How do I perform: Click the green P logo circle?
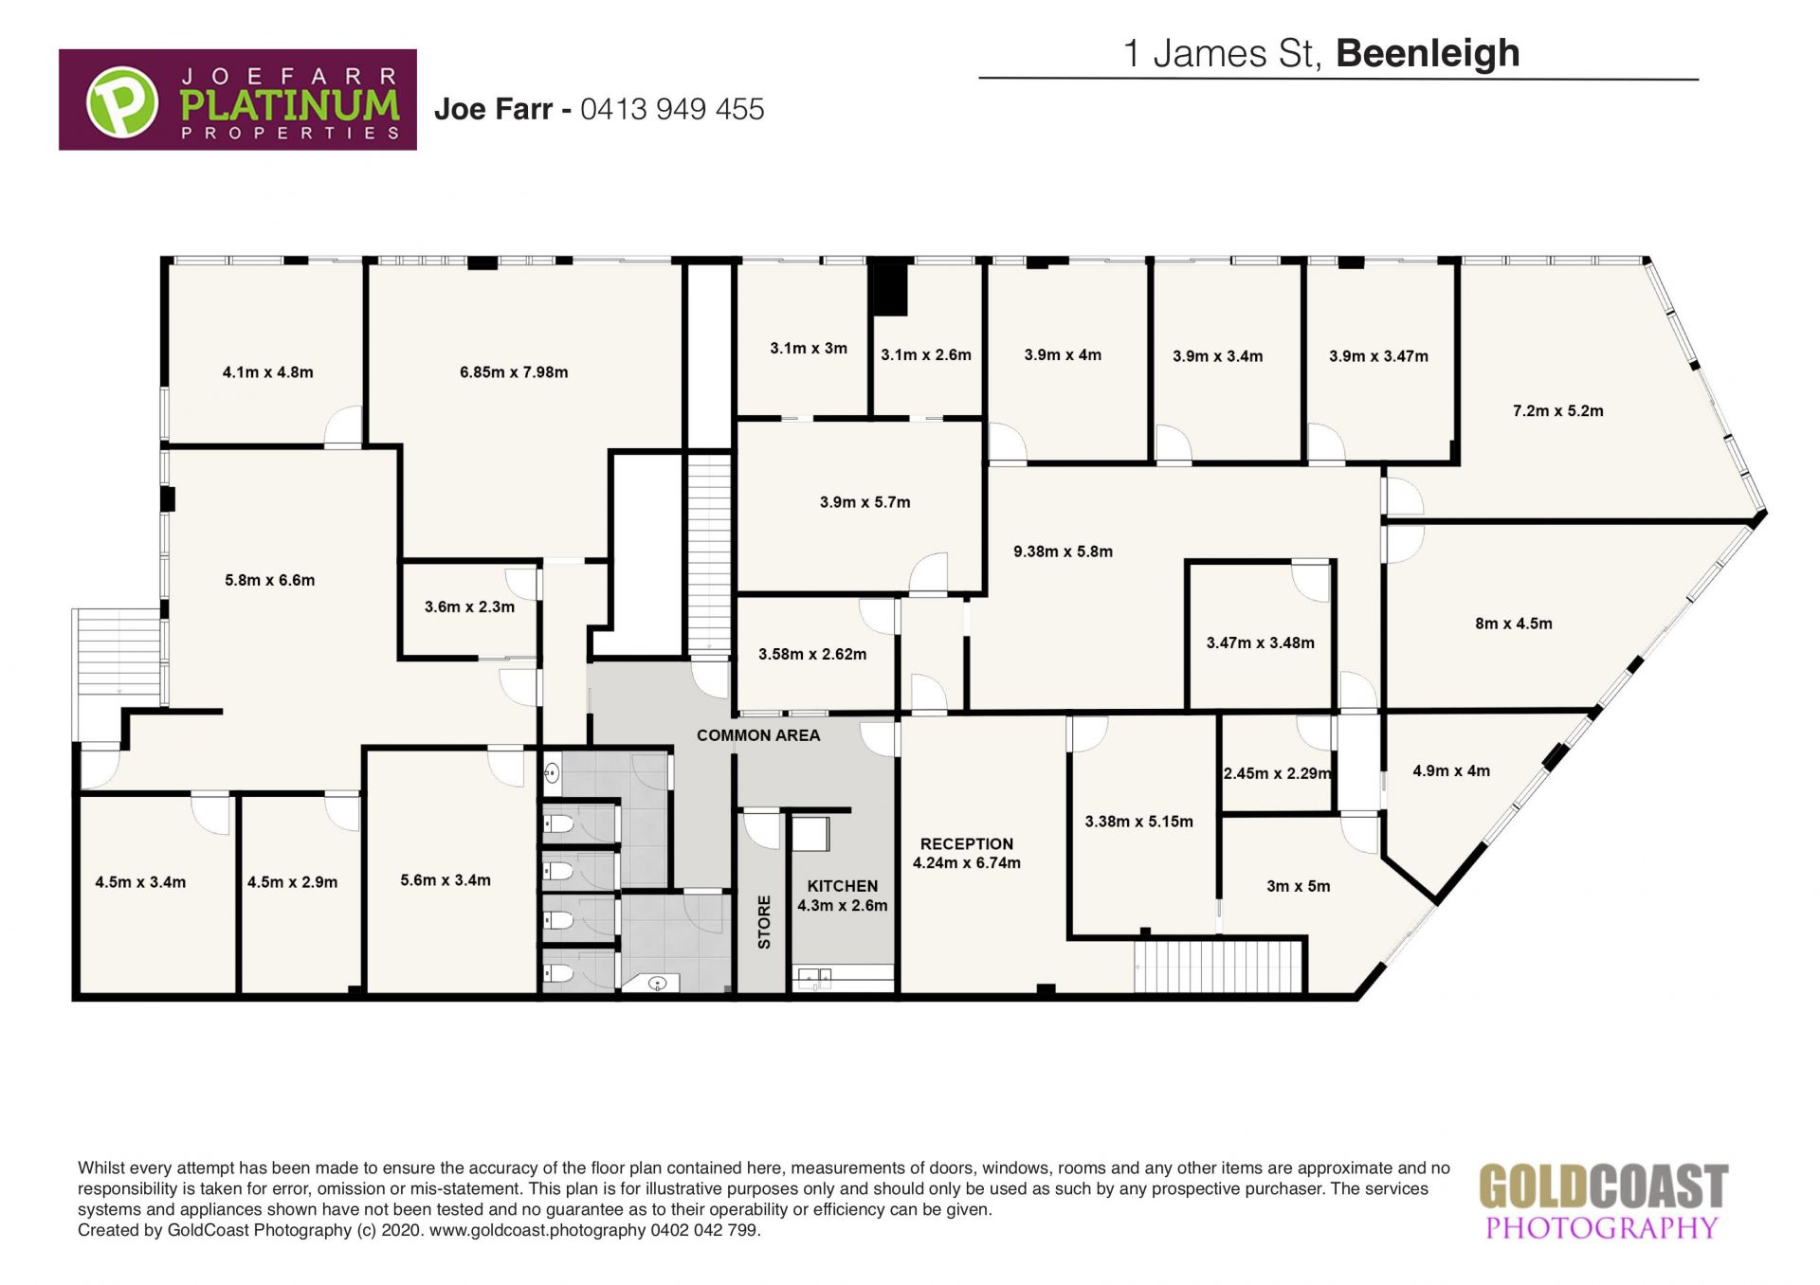(x=122, y=100)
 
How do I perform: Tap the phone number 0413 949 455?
(x=672, y=109)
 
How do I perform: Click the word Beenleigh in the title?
(x=1428, y=53)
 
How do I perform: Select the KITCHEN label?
(x=843, y=886)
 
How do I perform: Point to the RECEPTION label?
(x=967, y=843)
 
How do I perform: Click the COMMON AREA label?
(x=758, y=735)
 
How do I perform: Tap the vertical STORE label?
(x=764, y=922)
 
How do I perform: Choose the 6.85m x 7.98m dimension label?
(x=514, y=372)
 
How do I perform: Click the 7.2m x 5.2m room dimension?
(x=1558, y=411)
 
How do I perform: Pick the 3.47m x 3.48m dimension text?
(x=1261, y=642)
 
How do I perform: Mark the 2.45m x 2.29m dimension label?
(x=1278, y=773)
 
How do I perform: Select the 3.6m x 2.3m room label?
(x=469, y=606)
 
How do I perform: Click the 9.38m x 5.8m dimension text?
(x=1063, y=552)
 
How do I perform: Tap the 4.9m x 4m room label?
(x=1451, y=771)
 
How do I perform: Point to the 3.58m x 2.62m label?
(x=812, y=654)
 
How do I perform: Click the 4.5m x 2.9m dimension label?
(x=292, y=882)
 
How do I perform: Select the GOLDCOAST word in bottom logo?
(x=1604, y=1187)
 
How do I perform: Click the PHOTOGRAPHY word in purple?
(x=1602, y=1228)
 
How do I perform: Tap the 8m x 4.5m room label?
(x=1514, y=624)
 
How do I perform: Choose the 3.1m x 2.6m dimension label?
(x=926, y=355)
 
